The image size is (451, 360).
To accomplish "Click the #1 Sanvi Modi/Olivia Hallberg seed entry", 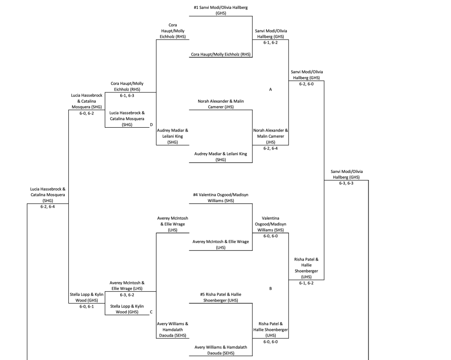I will [x=221, y=11].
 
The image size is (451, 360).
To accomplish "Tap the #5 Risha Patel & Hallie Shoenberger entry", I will [x=221, y=297].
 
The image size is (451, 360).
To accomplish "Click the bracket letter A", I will [x=270, y=89].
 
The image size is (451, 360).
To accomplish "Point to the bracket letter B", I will [x=270, y=289].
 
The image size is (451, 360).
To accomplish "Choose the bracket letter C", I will [x=151, y=312].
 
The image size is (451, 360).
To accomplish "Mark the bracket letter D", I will [x=151, y=125].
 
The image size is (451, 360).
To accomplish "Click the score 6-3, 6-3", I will [x=346, y=183].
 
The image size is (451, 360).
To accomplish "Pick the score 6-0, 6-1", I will [x=86, y=306].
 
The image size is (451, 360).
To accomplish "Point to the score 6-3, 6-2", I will [x=127, y=295].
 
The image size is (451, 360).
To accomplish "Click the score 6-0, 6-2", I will [x=86, y=113].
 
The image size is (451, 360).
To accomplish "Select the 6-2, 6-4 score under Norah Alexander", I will [x=270, y=148].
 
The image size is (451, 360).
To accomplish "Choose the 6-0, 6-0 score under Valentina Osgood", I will [x=270, y=235].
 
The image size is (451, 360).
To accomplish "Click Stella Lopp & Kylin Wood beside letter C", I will [x=127, y=309].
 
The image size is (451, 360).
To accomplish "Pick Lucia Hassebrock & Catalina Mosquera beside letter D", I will [x=127, y=118].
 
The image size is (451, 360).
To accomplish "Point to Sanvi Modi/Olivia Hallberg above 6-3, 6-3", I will [x=346, y=174].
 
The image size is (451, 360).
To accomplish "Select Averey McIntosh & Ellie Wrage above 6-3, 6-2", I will [x=127, y=286].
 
